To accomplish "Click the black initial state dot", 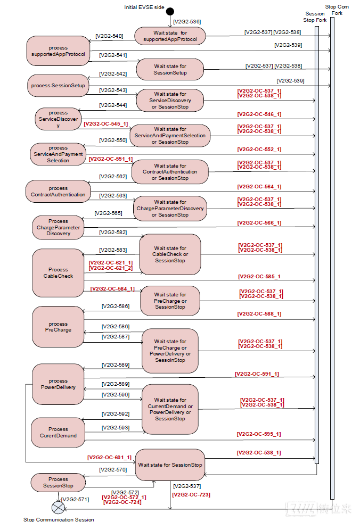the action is tap(170, 11).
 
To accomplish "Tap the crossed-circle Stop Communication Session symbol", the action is tap(59, 508).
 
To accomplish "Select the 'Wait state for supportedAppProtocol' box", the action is tap(170, 36).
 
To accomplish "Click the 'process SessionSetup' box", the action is tap(58, 86).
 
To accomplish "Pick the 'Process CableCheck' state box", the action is tap(58, 273).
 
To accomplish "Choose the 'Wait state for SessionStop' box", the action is tap(170, 465).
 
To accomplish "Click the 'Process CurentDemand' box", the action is tap(58, 433).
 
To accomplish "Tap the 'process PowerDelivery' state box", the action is tap(58, 384).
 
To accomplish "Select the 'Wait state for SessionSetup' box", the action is tap(170, 70).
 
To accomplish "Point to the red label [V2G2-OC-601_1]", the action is tap(109, 458).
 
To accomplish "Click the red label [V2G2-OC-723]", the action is tap(191, 495).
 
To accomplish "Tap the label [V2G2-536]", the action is tap(187, 22).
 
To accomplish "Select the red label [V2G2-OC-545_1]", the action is tap(105, 124).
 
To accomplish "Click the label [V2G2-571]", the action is tap(75, 499).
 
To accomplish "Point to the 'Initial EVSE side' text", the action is tap(144, 7).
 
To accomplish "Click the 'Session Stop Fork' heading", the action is tap(315, 17).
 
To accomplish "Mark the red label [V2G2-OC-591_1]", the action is tap(257, 374).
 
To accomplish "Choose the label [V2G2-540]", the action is tap(109, 36).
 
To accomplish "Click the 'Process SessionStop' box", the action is tap(58, 483).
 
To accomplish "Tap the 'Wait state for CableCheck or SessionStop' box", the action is tap(170, 254).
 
